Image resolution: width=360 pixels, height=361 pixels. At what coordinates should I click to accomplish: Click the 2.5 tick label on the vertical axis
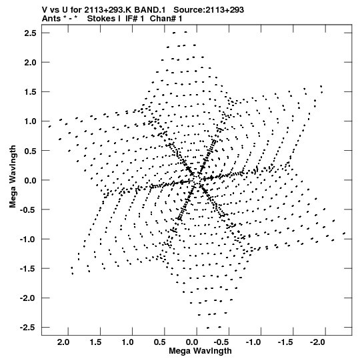[30, 33]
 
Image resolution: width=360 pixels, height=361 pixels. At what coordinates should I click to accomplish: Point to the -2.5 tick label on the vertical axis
[28, 328]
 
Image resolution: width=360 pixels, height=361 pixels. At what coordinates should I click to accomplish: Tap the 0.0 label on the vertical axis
[30, 180]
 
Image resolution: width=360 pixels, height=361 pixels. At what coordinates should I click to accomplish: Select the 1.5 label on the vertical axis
[30, 92]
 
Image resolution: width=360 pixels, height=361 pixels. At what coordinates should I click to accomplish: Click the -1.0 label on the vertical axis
[28, 239]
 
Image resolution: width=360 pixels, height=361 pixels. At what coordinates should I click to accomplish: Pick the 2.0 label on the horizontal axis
[63, 342]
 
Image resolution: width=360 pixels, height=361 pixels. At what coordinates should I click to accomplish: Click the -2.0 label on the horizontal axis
[317, 342]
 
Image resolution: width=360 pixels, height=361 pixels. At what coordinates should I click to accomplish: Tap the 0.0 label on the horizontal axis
[192, 342]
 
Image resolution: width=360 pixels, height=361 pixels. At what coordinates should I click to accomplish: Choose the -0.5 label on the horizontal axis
[221, 342]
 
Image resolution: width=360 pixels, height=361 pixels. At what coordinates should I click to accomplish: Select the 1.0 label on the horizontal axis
[127, 342]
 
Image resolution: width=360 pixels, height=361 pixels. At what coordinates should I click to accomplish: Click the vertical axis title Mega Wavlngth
[13, 177]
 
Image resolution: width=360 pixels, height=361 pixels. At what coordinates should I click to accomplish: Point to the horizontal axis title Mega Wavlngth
[200, 351]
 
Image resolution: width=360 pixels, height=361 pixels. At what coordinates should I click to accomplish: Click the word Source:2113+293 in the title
[209, 10]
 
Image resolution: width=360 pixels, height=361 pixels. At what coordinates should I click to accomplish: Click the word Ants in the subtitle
[51, 19]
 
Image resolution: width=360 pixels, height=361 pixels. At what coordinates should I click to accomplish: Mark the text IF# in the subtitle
[132, 19]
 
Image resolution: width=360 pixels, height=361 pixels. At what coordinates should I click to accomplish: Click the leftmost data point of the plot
[49, 126]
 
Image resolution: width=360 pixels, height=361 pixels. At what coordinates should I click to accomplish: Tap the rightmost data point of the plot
[344, 234]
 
